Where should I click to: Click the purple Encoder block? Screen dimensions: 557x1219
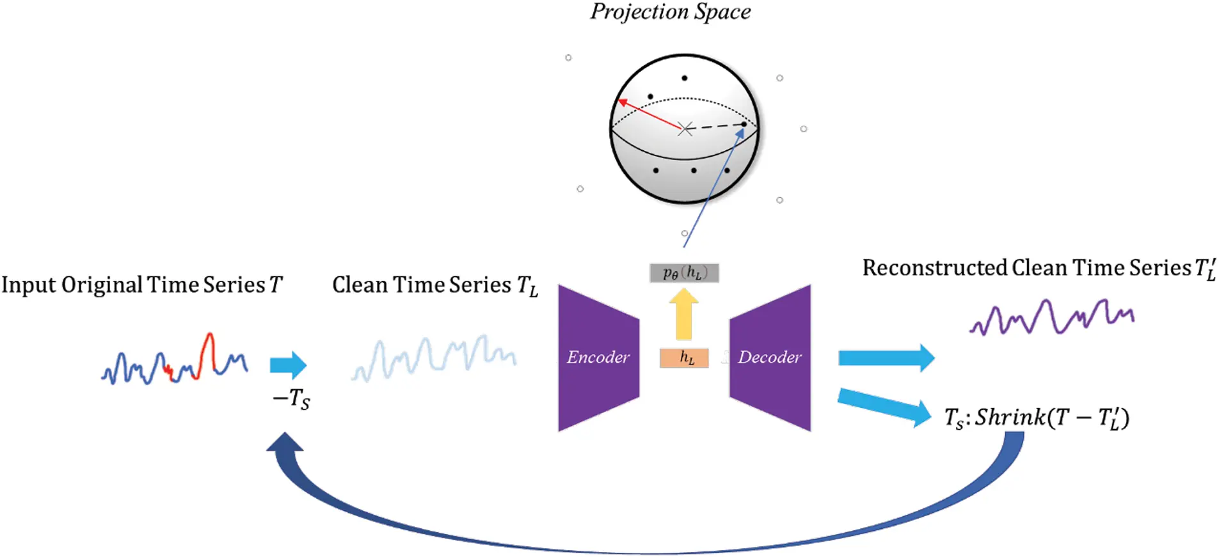pos(598,357)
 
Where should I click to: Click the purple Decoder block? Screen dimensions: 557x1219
pos(770,357)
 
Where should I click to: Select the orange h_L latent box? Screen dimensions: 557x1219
pos(684,358)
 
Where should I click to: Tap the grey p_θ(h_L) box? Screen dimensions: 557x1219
pos(683,273)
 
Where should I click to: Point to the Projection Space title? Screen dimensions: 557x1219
pos(670,12)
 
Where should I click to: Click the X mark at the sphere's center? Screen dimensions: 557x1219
pos(685,129)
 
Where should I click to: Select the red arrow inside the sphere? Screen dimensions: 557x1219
pos(649,114)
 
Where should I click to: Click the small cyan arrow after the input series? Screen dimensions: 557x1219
pos(288,365)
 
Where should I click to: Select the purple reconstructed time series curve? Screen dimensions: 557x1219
pos(1051,317)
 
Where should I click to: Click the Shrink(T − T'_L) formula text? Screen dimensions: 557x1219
pos(1037,418)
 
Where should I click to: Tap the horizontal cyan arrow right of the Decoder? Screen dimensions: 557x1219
pos(886,358)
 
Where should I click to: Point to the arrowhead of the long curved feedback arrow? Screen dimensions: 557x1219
pos(285,444)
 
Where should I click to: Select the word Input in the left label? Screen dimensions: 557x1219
pos(28,285)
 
